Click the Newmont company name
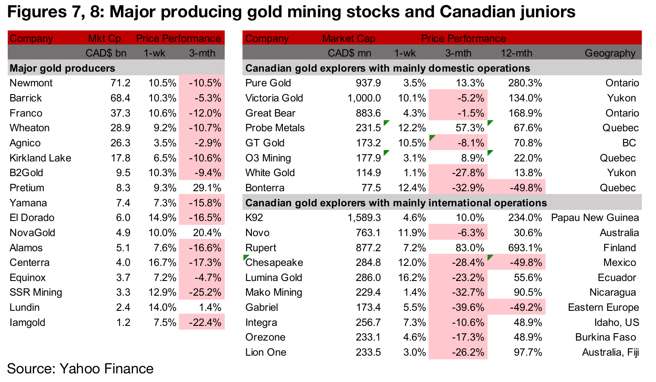click(31, 83)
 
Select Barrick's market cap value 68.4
click(120, 98)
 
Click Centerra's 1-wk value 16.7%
click(162, 262)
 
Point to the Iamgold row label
click(27, 322)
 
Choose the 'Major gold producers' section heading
click(62, 68)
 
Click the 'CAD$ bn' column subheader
click(106, 53)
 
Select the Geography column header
click(610, 53)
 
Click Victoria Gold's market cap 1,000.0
click(364, 98)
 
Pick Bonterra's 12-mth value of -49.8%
click(526, 188)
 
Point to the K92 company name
click(254, 218)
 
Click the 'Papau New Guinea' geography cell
click(595, 218)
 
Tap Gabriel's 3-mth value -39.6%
click(468, 307)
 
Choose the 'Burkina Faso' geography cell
click(605, 337)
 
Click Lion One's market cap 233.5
click(368, 352)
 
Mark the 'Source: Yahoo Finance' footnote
click(80, 369)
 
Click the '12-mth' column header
click(516, 53)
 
